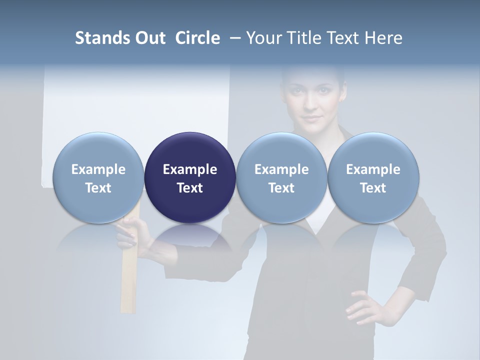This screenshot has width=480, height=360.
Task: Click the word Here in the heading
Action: pyautogui.click(x=383, y=38)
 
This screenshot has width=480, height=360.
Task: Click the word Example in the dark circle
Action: pyautogui.click(x=190, y=169)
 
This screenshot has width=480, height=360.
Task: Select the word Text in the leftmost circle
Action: pyautogui.click(x=98, y=188)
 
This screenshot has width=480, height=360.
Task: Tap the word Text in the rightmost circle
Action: pyautogui.click(x=373, y=188)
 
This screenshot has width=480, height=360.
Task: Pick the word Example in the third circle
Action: pyautogui.click(x=281, y=169)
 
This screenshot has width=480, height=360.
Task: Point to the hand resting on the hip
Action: pyautogui.click(x=363, y=305)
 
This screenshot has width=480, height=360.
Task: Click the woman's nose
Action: pyautogui.click(x=311, y=105)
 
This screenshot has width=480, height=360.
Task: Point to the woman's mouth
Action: pyautogui.click(x=311, y=119)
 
